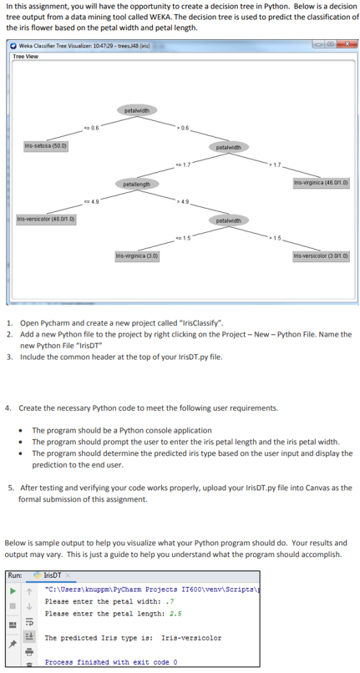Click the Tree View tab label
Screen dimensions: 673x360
25,56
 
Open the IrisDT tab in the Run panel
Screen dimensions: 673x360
57,575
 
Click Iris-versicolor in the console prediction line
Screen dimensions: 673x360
190,638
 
